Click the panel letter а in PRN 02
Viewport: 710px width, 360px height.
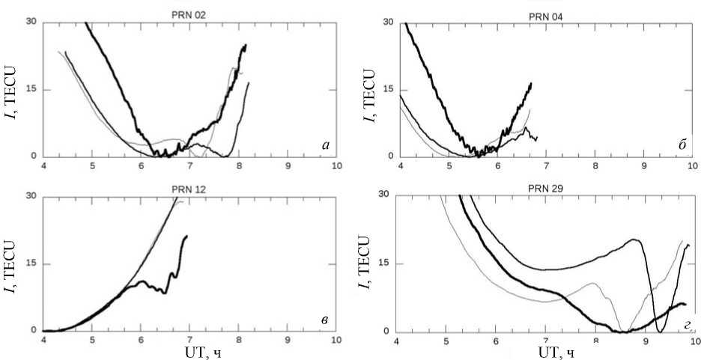pyautogui.click(x=325, y=145)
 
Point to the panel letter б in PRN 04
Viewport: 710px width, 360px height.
pyautogui.click(x=682, y=144)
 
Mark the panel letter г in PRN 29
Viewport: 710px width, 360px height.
pyautogui.click(x=682, y=324)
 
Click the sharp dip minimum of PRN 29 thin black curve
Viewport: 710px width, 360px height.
pyautogui.click(x=660, y=330)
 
